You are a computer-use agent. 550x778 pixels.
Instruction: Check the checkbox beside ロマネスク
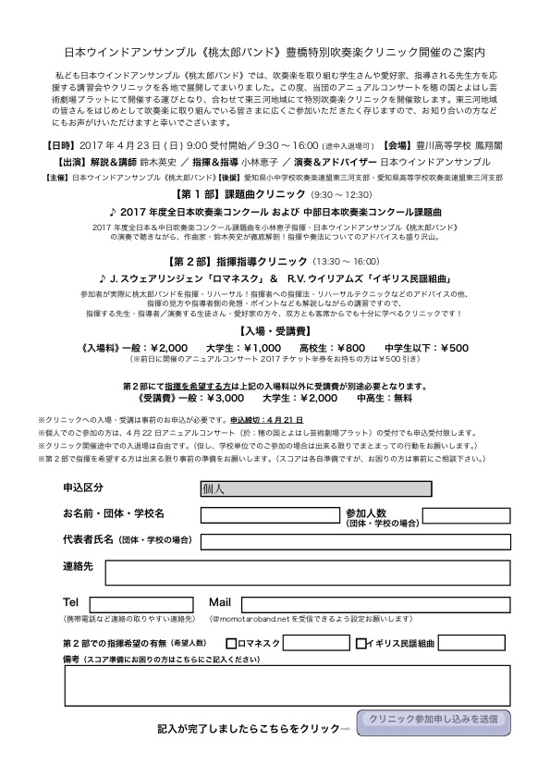230,643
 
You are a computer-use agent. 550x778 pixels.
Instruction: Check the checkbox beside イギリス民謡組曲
361,643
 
